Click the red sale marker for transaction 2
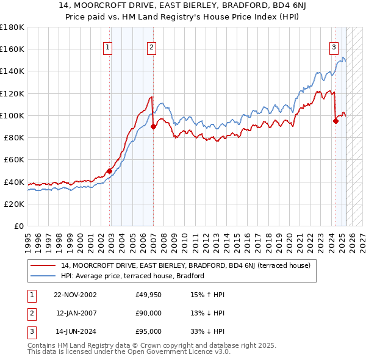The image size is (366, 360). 153,126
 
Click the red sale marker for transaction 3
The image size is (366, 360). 335,121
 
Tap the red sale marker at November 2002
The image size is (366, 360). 110,171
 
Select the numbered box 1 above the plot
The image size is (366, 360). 107,47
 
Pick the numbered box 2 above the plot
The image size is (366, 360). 151,47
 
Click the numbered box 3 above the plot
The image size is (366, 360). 334,47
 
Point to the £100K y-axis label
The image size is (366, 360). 12,115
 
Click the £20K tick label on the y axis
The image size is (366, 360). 13,204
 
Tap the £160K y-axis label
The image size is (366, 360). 12,49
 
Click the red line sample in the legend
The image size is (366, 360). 44,265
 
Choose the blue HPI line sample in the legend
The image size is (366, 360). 44,276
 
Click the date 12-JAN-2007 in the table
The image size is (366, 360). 76,313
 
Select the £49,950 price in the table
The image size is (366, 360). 148,295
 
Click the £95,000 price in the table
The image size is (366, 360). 148,331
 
